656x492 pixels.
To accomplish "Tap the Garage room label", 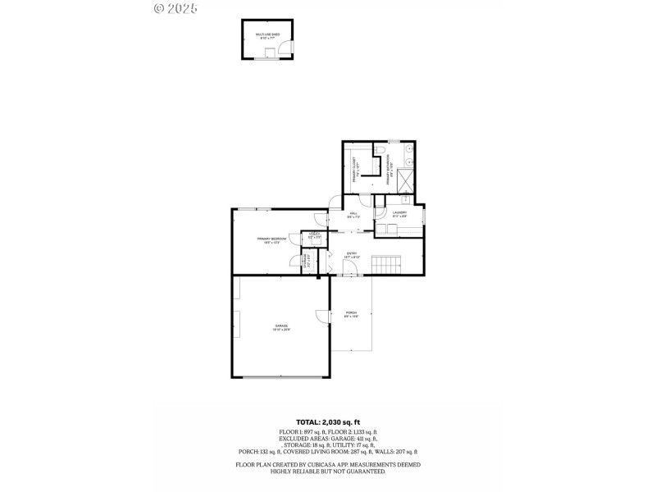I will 281,327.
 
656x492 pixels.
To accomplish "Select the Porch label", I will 351,314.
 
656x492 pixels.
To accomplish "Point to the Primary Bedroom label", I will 271,239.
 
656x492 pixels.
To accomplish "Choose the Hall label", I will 353,216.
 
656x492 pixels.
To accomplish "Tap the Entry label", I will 351,255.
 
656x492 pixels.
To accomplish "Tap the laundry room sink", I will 405,199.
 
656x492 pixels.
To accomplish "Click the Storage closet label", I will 307,264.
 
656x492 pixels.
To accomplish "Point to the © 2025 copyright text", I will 175,8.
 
